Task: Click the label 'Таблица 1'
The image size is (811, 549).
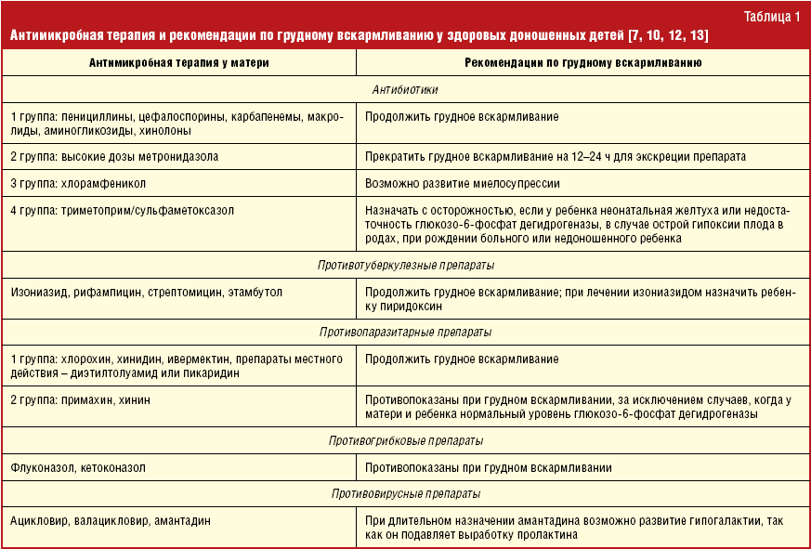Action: tap(772, 16)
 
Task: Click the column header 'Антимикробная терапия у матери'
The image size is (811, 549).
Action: tap(178, 62)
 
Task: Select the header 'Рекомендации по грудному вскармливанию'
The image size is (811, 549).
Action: tap(582, 62)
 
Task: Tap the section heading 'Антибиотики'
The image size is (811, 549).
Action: tap(404, 90)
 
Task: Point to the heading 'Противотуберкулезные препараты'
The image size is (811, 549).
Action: tap(404, 266)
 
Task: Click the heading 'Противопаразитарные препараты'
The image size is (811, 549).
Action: tap(404, 332)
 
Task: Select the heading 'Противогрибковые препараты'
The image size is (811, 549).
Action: tap(404, 440)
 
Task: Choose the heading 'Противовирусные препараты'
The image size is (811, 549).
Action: tap(404, 494)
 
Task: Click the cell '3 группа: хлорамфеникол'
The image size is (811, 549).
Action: tap(79, 184)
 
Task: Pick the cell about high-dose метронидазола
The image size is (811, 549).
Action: tap(114, 157)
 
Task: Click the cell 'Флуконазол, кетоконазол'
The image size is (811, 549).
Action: tap(78, 467)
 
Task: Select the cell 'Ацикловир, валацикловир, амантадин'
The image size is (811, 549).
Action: tap(110, 521)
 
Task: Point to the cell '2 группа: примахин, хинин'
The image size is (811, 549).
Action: tap(80, 399)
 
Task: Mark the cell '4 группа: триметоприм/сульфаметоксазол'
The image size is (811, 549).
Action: tap(122, 211)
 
